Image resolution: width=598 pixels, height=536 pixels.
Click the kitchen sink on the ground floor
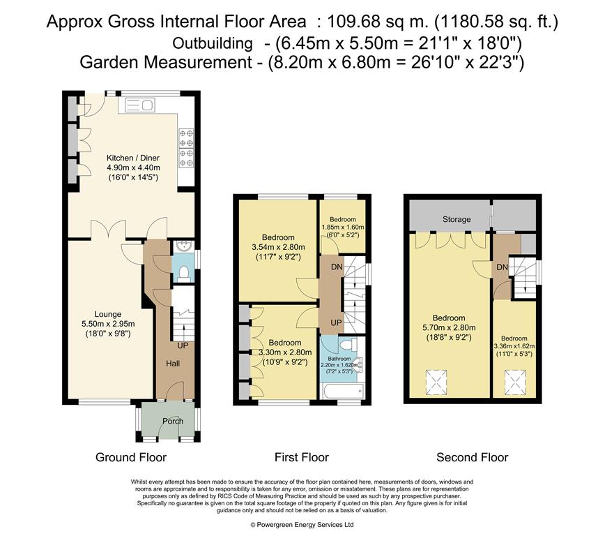coord(139,105)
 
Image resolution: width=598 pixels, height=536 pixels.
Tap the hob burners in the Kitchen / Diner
coord(187,148)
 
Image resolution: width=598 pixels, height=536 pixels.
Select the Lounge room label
coord(108,314)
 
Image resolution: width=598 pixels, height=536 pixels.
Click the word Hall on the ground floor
coord(173,364)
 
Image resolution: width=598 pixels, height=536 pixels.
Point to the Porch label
coord(173,421)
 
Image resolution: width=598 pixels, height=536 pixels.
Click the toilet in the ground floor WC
coord(184,274)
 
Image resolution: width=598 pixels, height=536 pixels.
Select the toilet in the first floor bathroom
coord(347,345)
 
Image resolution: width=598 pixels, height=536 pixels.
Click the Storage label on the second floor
coord(457,220)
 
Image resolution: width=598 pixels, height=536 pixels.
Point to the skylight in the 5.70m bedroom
coord(436,382)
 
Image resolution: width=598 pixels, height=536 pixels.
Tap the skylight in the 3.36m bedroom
coord(516,381)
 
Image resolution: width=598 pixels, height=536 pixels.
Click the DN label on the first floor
coord(337,267)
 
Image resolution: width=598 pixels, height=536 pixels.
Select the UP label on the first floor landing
coord(336,322)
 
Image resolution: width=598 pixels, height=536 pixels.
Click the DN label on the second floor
coord(503,267)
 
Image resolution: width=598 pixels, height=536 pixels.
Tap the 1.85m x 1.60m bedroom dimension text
coord(343,227)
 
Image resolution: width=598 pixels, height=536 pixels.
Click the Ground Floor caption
coord(131,457)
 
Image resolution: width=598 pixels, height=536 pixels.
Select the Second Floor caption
coord(472,457)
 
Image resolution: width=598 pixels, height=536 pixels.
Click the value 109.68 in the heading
coord(353,22)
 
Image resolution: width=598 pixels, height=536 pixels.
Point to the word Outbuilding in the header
coord(213,44)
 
